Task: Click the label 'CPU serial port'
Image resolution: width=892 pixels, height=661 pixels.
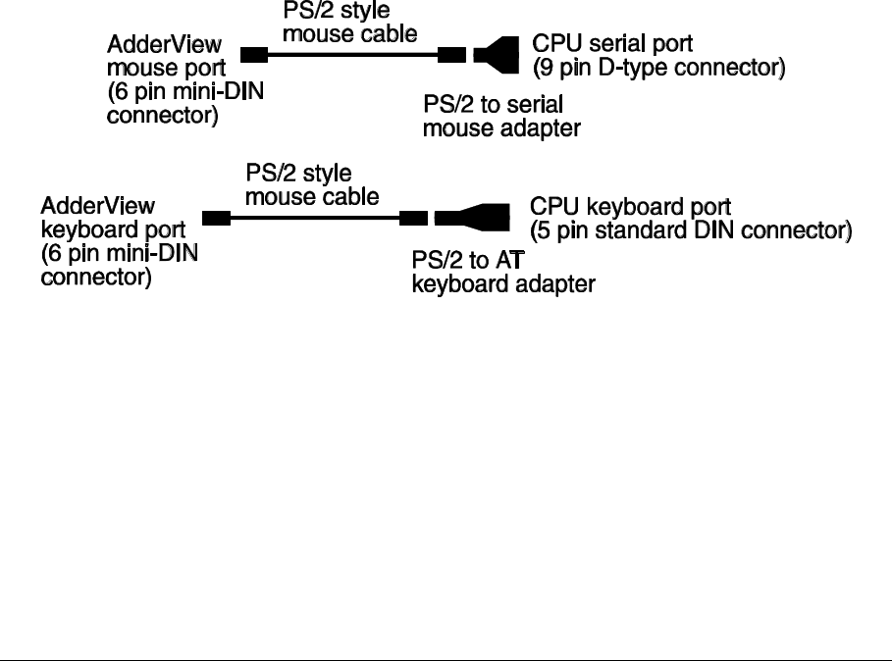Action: pyautogui.click(x=612, y=45)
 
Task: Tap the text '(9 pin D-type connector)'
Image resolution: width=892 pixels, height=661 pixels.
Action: pyautogui.click(x=658, y=69)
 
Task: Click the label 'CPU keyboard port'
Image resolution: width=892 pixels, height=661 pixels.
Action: pyautogui.click(x=631, y=208)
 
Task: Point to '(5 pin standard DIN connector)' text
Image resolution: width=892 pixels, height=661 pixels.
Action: pyautogui.click(x=690, y=231)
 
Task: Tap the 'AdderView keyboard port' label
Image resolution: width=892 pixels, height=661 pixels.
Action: pyautogui.click(x=98, y=219)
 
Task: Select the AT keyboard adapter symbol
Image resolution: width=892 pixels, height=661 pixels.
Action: pyautogui.click(x=473, y=218)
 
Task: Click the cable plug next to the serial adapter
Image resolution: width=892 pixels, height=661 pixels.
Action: pyautogui.click(x=450, y=55)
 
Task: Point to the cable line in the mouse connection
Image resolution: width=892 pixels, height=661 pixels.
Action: pyautogui.click(x=352, y=55)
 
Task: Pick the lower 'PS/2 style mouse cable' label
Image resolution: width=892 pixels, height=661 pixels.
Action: pyautogui.click(x=311, y=184)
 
